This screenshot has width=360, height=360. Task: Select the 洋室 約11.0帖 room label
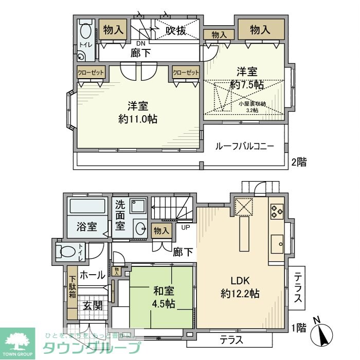137,113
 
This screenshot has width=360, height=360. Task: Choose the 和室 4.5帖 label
161,297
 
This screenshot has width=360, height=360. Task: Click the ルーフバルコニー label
245,146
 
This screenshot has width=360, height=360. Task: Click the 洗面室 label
119,215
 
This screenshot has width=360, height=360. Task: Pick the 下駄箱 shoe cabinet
72,287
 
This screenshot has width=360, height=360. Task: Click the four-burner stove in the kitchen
277,209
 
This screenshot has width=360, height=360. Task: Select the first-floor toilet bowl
67,252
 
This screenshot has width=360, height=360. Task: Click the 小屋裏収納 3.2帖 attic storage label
252,106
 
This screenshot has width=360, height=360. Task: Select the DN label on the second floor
139,43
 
